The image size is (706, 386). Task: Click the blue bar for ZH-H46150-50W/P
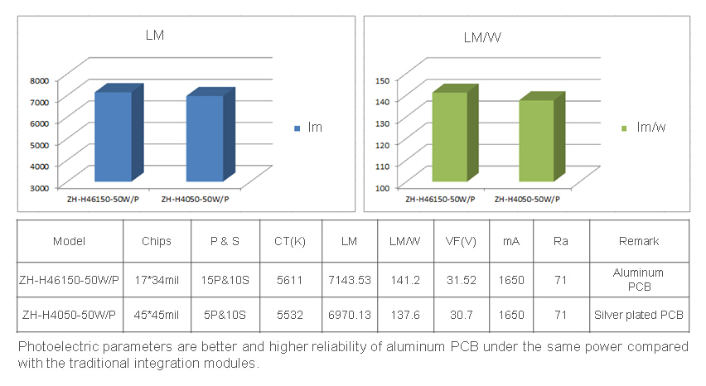click(x=114, y=137)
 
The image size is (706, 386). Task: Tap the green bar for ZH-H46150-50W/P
click(x=449, y=137)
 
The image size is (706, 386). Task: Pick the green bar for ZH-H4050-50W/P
click(x=536, y=140)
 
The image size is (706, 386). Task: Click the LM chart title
click(x=155, y=35)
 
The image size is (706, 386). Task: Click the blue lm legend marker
click(x=297, y=128)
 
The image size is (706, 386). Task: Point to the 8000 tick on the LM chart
click(x=40, y=80)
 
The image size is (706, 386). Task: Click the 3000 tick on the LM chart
click(x=40, y=187)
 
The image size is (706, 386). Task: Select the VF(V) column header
click(x=461, y=241)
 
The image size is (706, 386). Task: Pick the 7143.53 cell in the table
click(x=349, y=280)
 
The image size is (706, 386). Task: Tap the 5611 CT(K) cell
click(x=290, y=280)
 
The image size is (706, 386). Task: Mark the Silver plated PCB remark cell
click(x=639, y=315)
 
